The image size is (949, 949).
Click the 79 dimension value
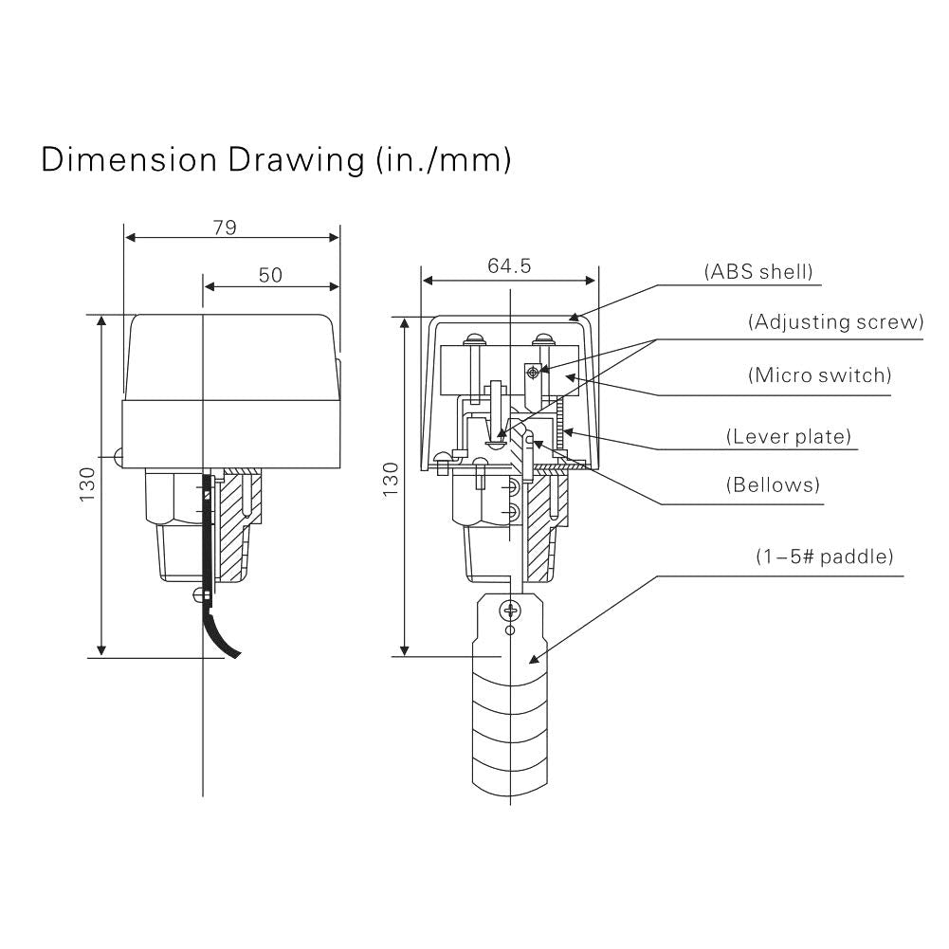(224, 228)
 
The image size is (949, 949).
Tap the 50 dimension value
(270, 275)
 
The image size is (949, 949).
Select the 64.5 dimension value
(509, 266)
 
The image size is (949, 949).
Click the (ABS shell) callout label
(758, 272)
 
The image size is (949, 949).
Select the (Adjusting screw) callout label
(835, 322)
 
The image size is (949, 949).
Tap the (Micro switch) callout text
(820, 375)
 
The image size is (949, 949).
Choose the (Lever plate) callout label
(789, 437)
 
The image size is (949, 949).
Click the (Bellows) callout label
(773, 485)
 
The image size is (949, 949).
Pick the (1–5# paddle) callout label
(824, 557)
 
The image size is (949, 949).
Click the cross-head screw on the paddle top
(511, 611)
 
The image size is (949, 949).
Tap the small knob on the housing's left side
(118, 458)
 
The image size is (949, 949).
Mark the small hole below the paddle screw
(511, 630)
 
